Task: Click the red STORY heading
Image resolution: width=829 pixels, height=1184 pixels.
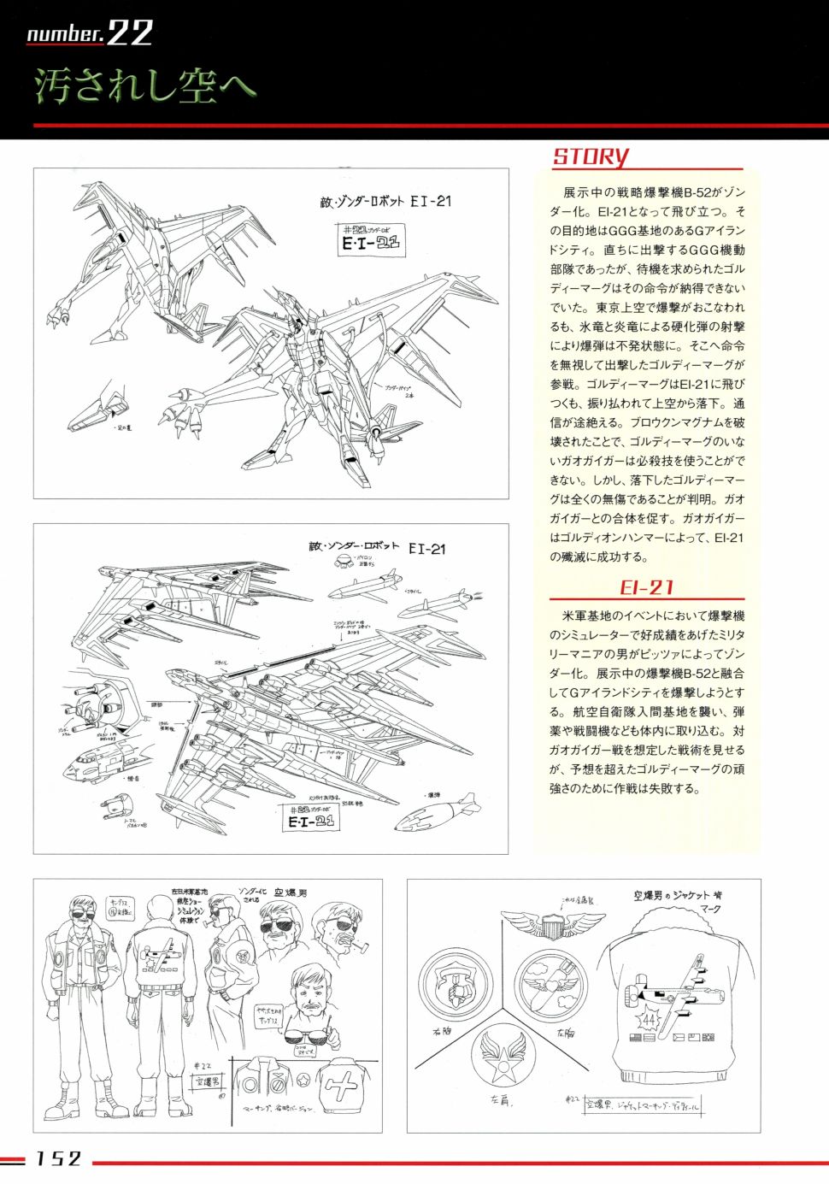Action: click(590, 156)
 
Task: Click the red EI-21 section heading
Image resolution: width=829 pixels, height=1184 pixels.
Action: click(646, 587)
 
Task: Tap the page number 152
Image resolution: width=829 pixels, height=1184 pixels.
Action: click(58, 1158)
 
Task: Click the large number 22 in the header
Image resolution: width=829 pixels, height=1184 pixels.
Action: click(130, 33)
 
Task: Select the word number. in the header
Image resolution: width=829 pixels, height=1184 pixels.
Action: click(65, 34)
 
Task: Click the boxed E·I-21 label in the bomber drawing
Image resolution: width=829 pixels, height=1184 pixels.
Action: click(311, 821)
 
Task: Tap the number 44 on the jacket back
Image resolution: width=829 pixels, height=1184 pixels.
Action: click(649, 1021)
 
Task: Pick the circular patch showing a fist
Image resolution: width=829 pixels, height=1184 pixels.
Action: click(456, 985)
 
